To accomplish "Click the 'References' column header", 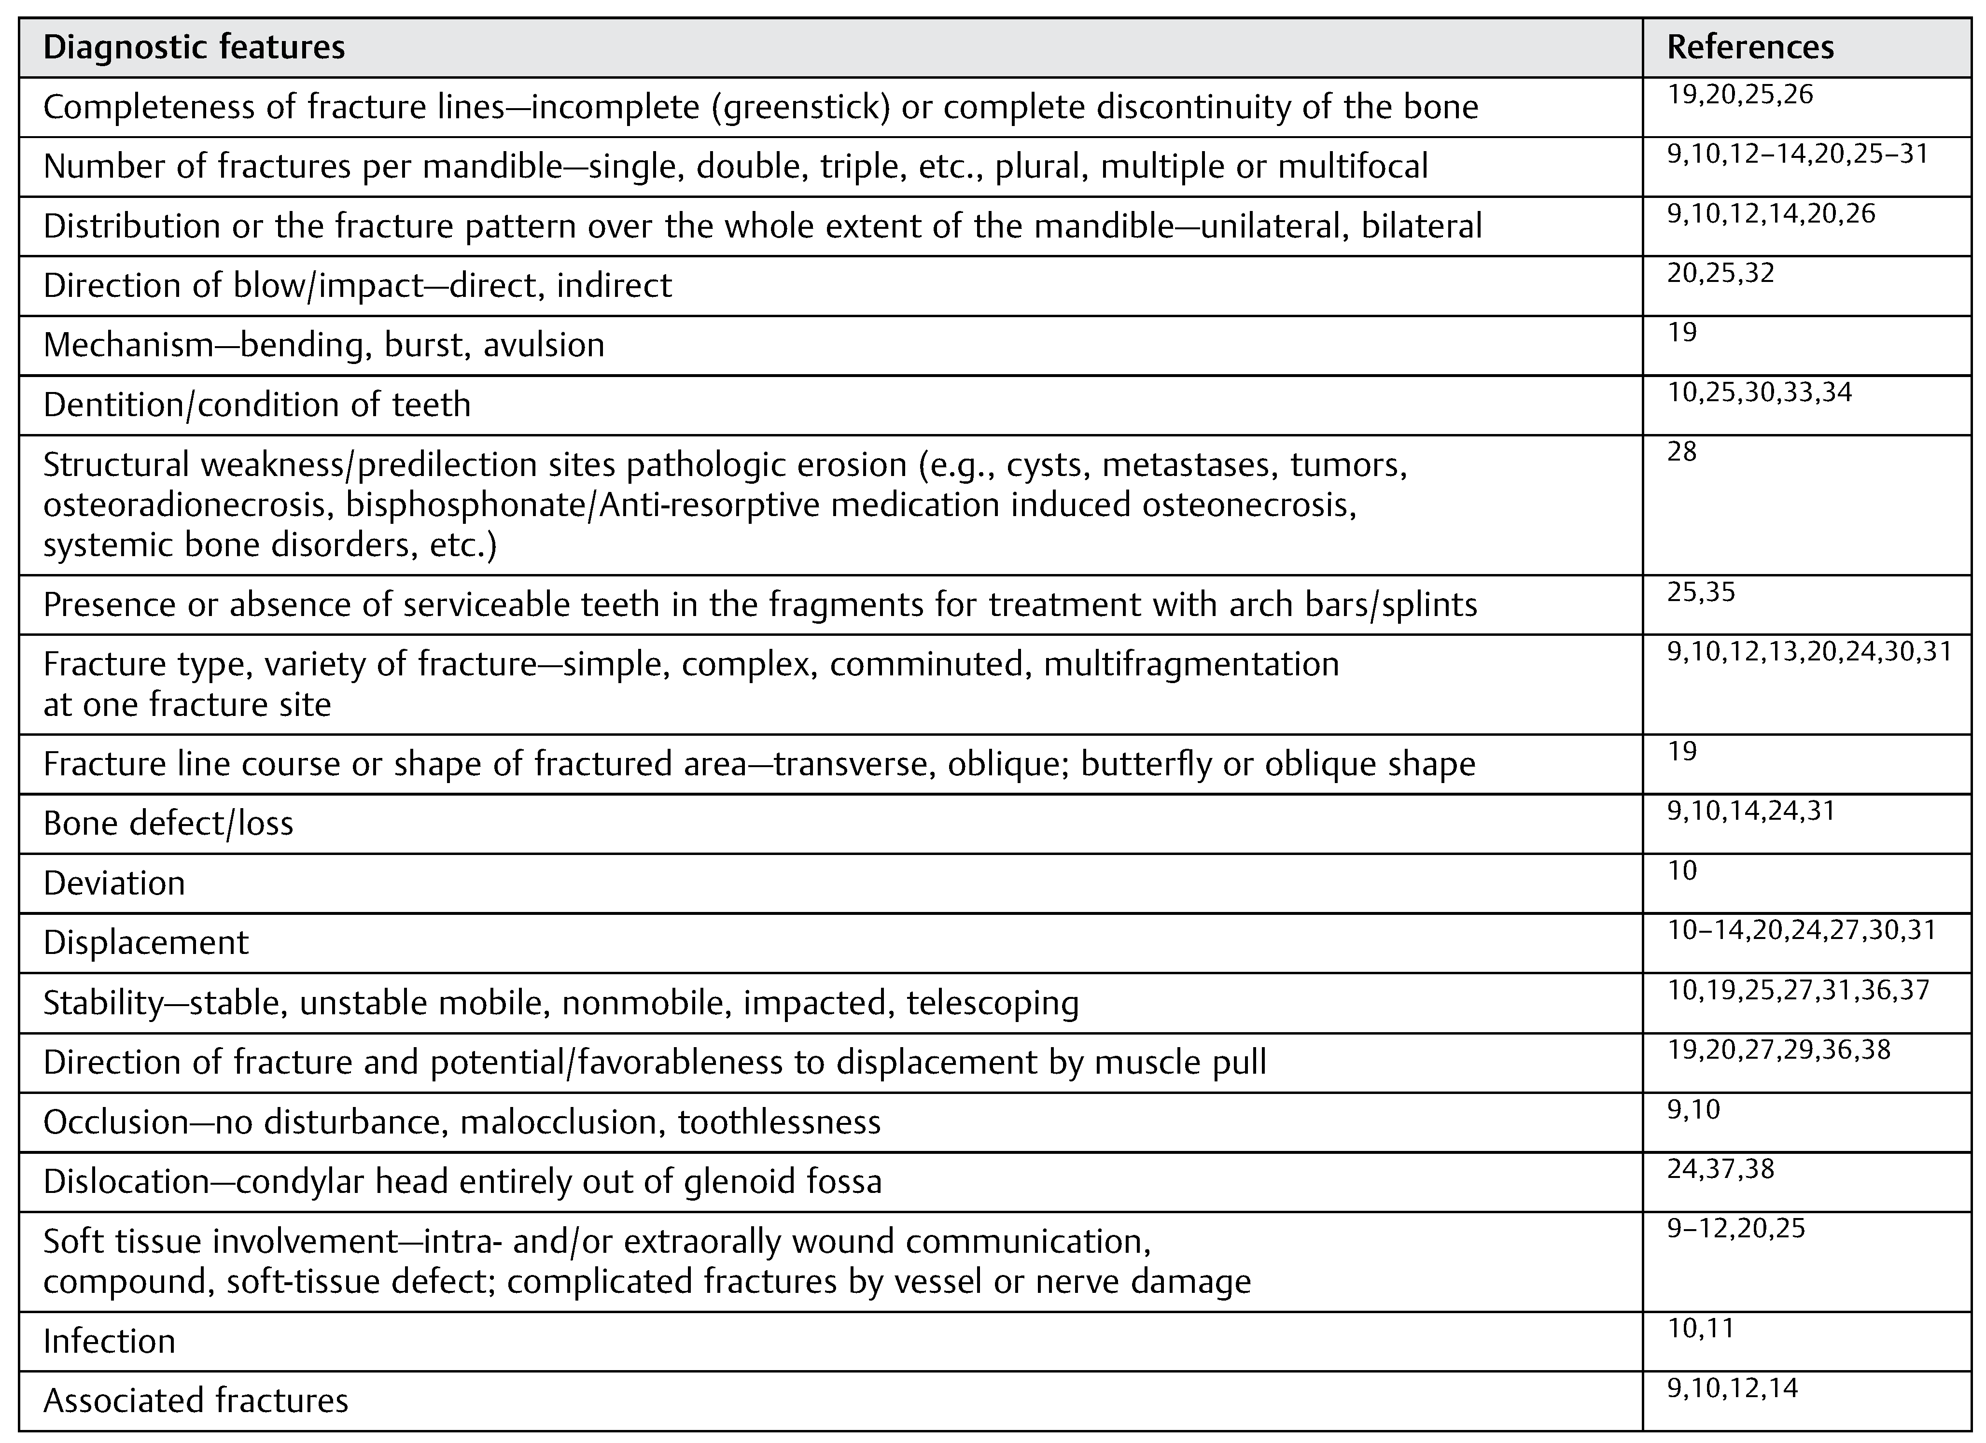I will tap(1749, 47).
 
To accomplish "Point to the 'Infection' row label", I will tap(110, 1341).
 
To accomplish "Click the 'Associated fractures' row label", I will tap(196, 1400).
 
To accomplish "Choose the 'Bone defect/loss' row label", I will tap(168, 823).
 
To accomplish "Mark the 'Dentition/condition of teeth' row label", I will tap(256, 405).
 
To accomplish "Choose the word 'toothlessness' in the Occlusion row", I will tap(779, 1121).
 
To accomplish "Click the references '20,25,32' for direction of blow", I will tap(1720, 273).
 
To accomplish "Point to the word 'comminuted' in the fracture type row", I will tap(926, 664).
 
